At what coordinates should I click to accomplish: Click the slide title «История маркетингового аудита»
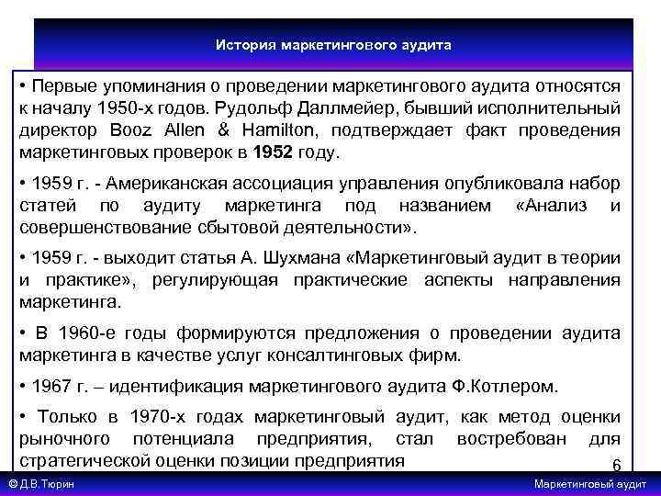point(333,44)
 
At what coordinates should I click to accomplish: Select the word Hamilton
point(277,130)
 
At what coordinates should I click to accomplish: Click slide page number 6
point(616,464)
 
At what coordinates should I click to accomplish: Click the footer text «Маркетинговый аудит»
point(591,484)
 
